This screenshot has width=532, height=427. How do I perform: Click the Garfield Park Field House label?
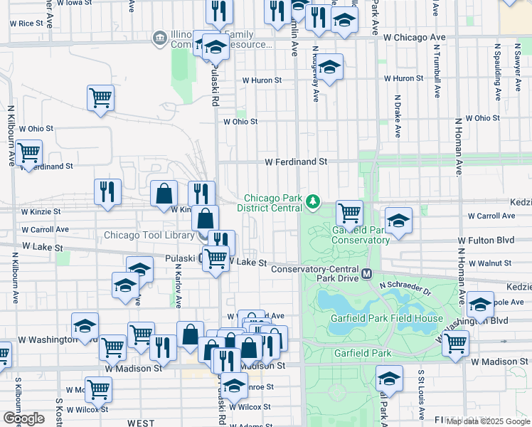(386, 318)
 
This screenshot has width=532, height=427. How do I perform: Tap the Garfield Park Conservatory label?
(361, 235)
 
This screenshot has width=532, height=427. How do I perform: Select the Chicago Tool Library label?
(148, 235)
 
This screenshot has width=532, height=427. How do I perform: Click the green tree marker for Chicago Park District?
(312, 204)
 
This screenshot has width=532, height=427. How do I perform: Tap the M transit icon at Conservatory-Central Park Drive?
(367, 274)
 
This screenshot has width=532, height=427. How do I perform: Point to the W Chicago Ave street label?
(414, 36)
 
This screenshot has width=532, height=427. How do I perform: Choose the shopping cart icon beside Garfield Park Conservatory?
(349, 212)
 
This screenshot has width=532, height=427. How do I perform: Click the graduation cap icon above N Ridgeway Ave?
(329, 68)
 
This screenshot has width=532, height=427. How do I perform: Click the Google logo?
(23, 418)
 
